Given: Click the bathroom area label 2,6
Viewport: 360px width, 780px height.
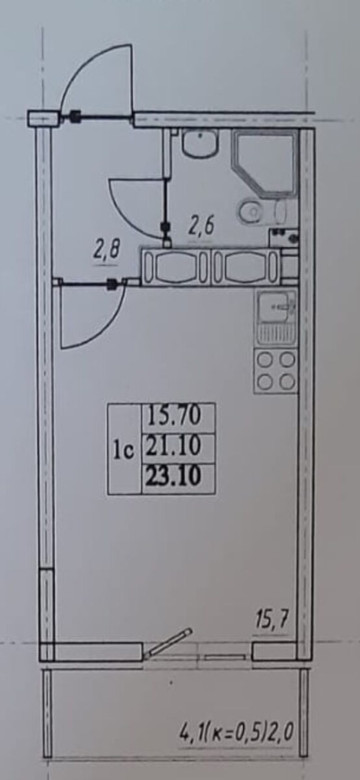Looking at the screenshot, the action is click(x=201, y=227).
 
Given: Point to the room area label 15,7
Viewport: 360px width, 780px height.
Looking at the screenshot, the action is click(x=271, y=622).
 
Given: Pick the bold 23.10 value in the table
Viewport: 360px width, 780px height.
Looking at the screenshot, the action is click(x=179, y=478).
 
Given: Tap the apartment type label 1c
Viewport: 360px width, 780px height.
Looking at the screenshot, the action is click(x=124, y=451).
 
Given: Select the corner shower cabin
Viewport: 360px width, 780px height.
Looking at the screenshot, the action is click(x=265, y=162).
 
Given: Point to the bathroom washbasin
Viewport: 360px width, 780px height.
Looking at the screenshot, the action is click(x=199, y=141).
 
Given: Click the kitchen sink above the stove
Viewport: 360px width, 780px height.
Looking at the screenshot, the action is click(x=276, y=318).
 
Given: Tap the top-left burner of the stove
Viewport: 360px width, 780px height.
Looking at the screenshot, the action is click(x=266, y=359).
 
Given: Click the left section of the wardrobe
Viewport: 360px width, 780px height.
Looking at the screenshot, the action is click(x=176, y=267).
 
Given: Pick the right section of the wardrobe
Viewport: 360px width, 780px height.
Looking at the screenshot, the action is click(x=245, y=267).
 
